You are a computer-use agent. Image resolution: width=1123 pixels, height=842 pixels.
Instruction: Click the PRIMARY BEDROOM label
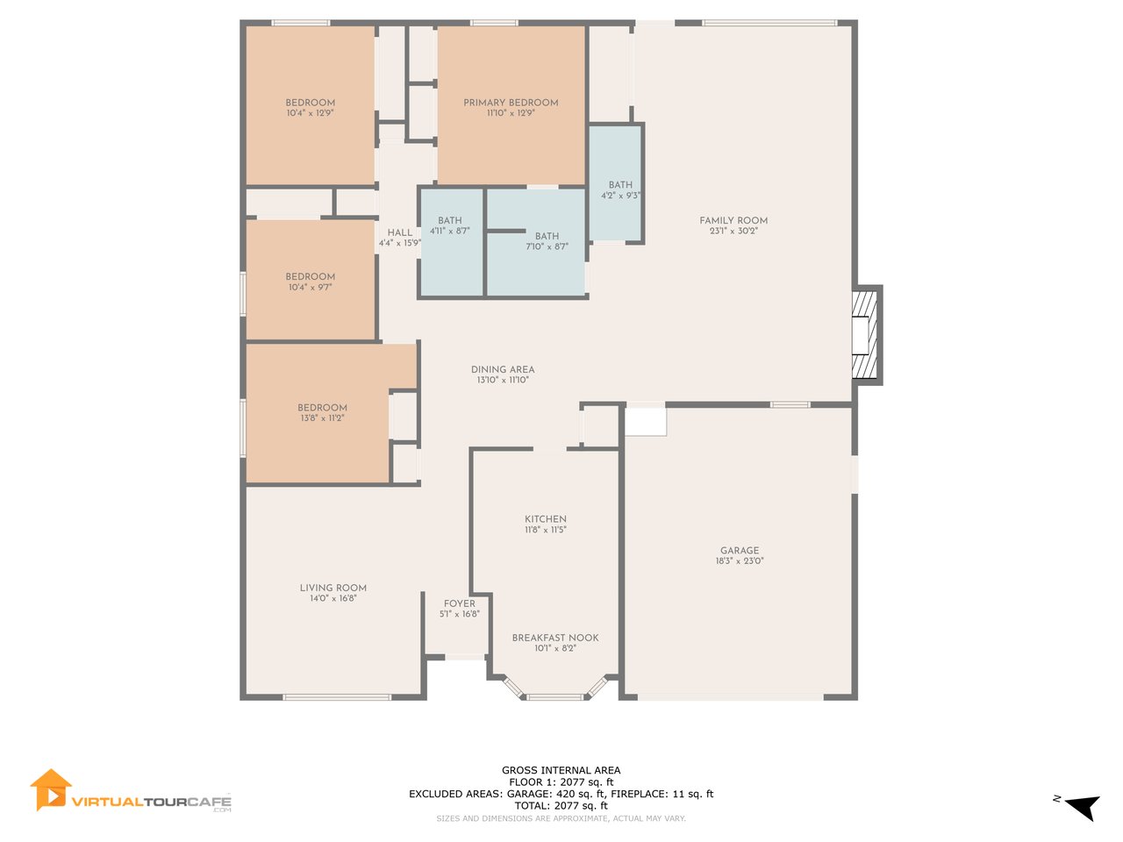pyautogui.click(x=510, y=103)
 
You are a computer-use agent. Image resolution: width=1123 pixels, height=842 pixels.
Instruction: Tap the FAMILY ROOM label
pyautogui.click(x=733, y=220)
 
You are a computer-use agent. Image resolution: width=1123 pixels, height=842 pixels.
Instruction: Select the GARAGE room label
pyautogui.click(x=740, y=550)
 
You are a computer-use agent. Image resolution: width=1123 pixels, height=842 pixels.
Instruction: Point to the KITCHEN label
pyautogui.click(x=546, y=519)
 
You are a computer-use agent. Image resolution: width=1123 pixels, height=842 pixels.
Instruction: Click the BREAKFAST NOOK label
pyautogui.click(x=555, y=638)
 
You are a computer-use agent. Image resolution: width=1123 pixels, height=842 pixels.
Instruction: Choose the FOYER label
pyautogui.click(x=460, y=603)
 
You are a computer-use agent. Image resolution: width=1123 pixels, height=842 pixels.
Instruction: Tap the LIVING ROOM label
pyautogui.click(x=333, y=588)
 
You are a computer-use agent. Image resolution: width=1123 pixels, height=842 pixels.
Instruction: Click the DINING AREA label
pyautogui.click(x=503, y=369)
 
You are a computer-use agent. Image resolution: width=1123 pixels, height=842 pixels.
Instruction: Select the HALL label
pyautogui.click(x=399, y=232)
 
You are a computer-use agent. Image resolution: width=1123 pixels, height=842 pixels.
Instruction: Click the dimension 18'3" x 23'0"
pyautogui.click(x=740, y=560)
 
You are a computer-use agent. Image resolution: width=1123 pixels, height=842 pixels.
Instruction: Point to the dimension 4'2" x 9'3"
pyautogui.click(x=620, y=196)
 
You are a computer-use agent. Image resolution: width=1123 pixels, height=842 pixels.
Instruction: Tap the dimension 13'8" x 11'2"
pyautogui.click(x=322, y=418)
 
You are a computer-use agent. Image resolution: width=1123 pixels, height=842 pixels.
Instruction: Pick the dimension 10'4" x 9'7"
pyautogui.click(x=310, y=288)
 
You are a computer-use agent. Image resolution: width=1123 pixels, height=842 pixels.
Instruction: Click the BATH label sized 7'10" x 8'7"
pyautogui.click(x=547, y=236)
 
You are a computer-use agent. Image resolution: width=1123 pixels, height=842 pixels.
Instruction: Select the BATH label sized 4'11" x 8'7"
pyautogui.click(x=450, y=220)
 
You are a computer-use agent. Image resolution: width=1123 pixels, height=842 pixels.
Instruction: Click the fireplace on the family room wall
pyautogui.click(x=866, y=335)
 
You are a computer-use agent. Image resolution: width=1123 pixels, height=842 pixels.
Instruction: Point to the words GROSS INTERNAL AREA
pyautogui.click(x=561, y=770)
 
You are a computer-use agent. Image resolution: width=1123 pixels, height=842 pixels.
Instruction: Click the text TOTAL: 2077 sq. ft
pyautogui.click(x=561, y=806)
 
